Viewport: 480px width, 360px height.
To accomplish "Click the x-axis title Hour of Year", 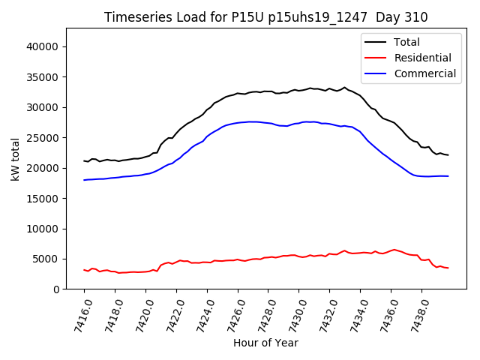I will coord(265,343).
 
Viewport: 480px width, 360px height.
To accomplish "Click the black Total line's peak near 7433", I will coord(345,87).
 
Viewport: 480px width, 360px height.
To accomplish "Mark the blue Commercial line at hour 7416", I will coord(85,180).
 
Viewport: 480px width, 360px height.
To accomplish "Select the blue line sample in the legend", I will coord(374,73).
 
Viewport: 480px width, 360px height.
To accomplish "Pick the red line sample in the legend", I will coord(374,58).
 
